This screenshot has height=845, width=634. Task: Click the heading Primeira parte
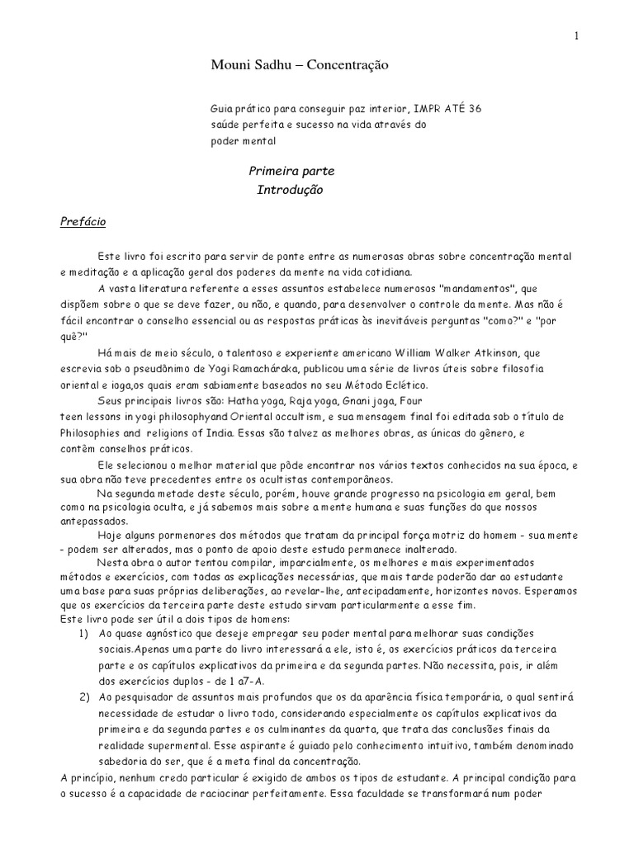tap(281, 172)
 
